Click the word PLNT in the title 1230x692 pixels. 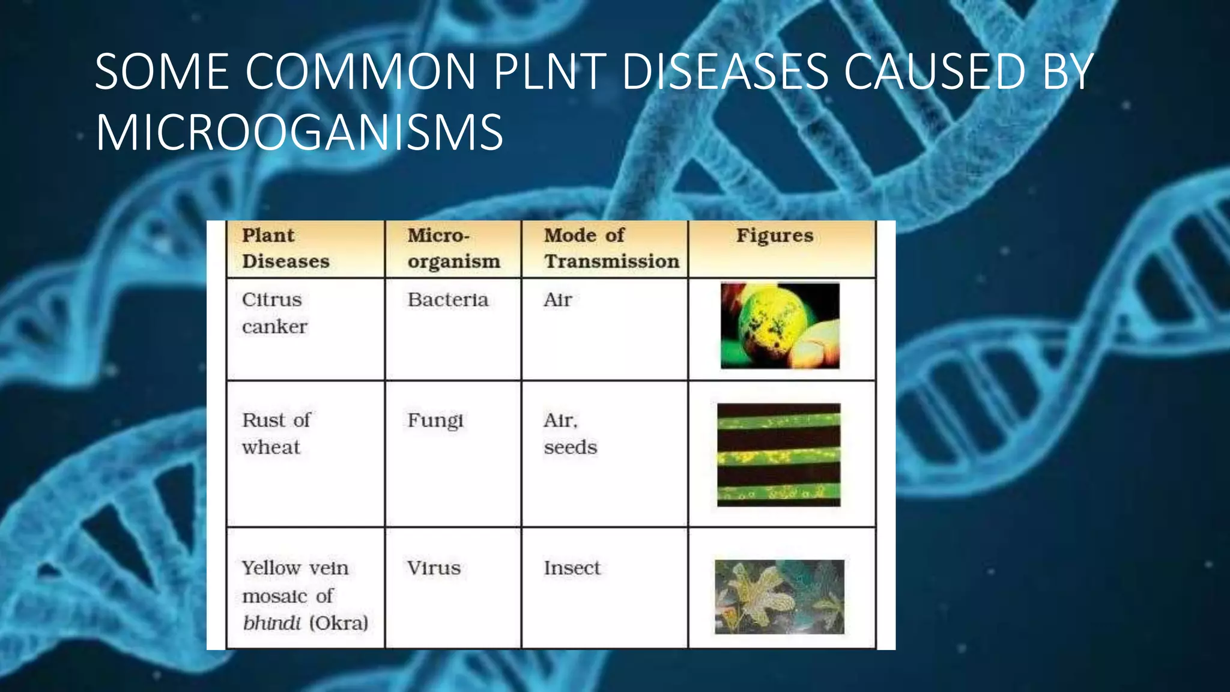pos(550,72)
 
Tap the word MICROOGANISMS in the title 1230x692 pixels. pos(299,132)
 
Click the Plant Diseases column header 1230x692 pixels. pos(285,248)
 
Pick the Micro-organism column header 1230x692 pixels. pos(453,248)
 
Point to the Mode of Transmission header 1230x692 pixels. pos(611,248)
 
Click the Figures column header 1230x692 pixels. pos(775,235)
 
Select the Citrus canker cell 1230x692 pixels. pos(274,313)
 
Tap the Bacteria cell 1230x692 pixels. pos(447,300)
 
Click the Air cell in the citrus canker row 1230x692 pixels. pos(557,300)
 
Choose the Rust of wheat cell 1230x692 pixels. pos(276,433)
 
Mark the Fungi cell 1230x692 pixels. pos(435,420)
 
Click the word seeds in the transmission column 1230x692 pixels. pos(570,448)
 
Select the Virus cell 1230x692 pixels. pos(434,568)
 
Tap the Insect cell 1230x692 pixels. pos(572,568)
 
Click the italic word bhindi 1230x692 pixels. pos(271,623)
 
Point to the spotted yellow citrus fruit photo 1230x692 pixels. pos(780,326)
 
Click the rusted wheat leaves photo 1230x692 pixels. pos(778,455)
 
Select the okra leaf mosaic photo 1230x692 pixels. pos(779,596)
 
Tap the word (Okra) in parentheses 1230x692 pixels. pos(339,623)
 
